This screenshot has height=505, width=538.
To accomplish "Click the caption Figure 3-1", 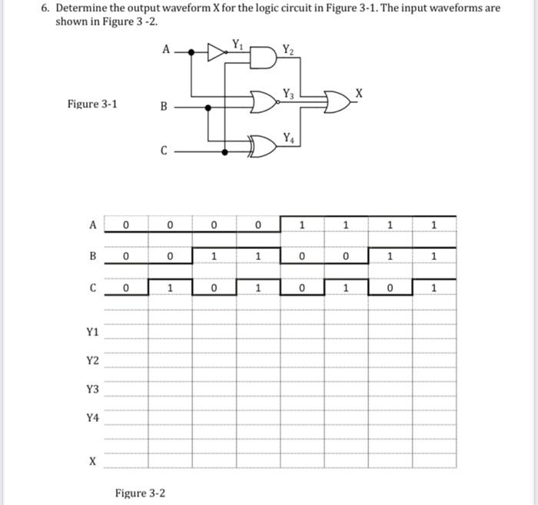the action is pyautogui.click(x=91, y=104).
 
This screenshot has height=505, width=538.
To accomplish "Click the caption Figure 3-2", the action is pyautogui.click(x=140, y=493).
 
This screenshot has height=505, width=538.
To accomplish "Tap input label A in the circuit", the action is pyautogui.click(x=166, y=50).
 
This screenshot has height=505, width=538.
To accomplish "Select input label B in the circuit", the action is pyautogui.click(x=163, y=107).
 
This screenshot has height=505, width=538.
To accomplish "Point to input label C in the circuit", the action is pyautogui.click(x=164, y=151).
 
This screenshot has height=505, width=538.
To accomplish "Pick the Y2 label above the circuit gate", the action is pyautogui.click(x=287, y=50).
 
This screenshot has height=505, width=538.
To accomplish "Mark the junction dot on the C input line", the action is pyautogui.click(x=224, y=152).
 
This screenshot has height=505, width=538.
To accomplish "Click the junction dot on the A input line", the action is pyautogui.click(x=191, y=53).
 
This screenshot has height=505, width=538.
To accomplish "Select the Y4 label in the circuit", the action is pyautogui.click(x=287, y=137).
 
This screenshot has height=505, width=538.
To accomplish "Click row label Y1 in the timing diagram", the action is pyautogui.click(x=92, y=332).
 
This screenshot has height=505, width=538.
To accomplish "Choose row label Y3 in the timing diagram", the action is pyautogui.click(x=92, y=390).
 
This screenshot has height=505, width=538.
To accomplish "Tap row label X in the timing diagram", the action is pyautogui.click(x=92, y=462).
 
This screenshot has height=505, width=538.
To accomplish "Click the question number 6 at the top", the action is pyautogui.click(x=45, y=8).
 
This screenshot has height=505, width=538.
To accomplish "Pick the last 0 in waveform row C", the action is pyautogui.click(x=390, y=288).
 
